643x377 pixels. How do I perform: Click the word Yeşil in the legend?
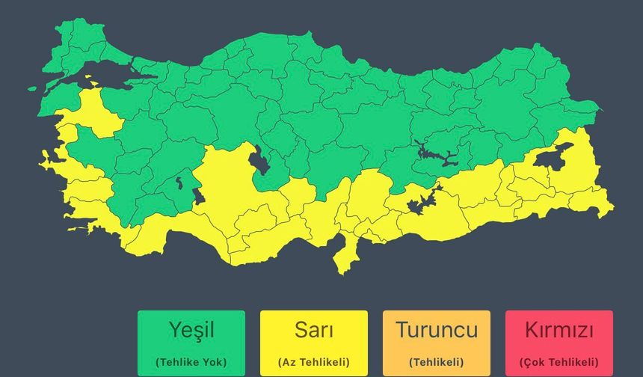pos(191,330)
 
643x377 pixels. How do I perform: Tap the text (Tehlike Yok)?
pos(191,362)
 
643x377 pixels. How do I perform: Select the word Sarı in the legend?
pos(314,330)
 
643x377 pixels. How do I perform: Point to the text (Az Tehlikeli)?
pos(314,362)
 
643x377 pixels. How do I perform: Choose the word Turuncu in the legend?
pos(437,330)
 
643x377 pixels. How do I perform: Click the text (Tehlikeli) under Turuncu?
pos(437,362)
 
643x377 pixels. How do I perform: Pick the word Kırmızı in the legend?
pos(559,330)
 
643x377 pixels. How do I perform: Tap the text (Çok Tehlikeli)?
pos(559,362)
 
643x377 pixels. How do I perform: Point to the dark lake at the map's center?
pos(259,160)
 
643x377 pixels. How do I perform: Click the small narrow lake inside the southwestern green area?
pos(179,181)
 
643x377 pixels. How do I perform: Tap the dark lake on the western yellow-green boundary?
pos(198,196)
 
